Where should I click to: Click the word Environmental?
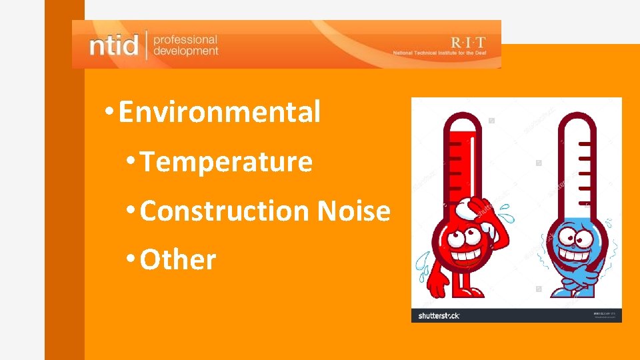pyautogui.click(x=219, y=112)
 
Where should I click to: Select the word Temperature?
pyautogui.click(x=226, y=162)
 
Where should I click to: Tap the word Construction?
pyautogui.click(x=225, y=211)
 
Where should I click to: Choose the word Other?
pyautogui.click(x=178, y=260)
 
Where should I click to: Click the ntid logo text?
pyautogui.click(x=113, y=45)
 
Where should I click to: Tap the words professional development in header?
pyautogui.click(x=185, y=45)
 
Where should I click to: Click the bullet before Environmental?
pyautogui.click(x=109, y=112)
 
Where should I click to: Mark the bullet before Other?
pyautogui.click(x=131, y=260)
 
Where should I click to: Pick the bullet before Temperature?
pyautogui.click(x=131, y=162)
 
